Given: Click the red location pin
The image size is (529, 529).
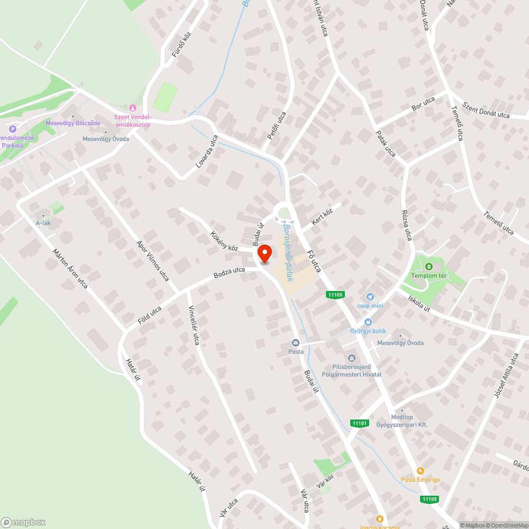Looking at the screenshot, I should click(x=264, y=253).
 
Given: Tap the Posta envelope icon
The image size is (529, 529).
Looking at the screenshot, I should click(x=296, y=343).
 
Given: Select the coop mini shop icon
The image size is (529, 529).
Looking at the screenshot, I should click(x=370, y=297).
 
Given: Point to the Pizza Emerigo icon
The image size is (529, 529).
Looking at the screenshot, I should click(x=421, y=471).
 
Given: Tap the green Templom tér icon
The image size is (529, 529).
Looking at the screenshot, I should click(x=430, y=266).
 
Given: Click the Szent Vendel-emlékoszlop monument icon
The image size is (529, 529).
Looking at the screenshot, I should click(x=133, y=108).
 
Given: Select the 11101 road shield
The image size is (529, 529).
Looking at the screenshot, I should click(x=359, y=423).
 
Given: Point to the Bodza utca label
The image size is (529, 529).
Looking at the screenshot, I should click(x=229, y=273).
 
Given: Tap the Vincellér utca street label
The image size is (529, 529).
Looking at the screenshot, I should click(x=194, y=326).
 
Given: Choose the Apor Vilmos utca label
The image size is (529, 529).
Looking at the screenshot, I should click(x=152, y=261).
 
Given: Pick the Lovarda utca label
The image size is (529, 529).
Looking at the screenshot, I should click(x=207, y=152).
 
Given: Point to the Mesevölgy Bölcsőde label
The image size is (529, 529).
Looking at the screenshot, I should click(x=73, y=123).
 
